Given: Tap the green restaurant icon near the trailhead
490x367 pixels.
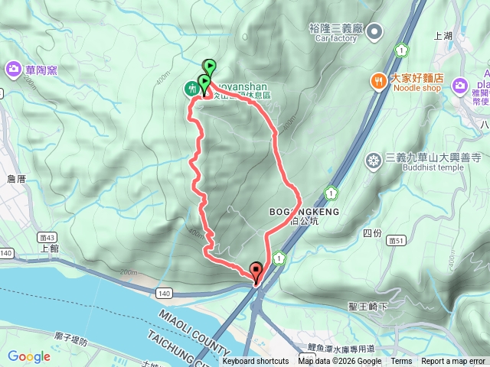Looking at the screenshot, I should tap(190, 89).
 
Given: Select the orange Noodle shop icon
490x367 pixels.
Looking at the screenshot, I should tap(378, 80).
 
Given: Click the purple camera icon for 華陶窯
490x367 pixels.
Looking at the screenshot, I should tap(14, 70).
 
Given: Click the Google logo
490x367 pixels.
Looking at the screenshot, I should tap(29, 356).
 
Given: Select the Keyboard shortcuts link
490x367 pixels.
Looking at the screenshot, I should tap(256, 362).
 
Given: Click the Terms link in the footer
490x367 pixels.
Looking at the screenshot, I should tap(401, 362).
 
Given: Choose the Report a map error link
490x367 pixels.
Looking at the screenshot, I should tap(453, 362).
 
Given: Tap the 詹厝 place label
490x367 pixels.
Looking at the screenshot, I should tap(16, 179).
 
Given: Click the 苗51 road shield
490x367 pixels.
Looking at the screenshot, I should tap(396, 239).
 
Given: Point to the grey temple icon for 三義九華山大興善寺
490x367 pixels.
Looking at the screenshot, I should tap(374, 161).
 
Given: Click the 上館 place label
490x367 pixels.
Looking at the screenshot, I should tap(48, 248).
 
